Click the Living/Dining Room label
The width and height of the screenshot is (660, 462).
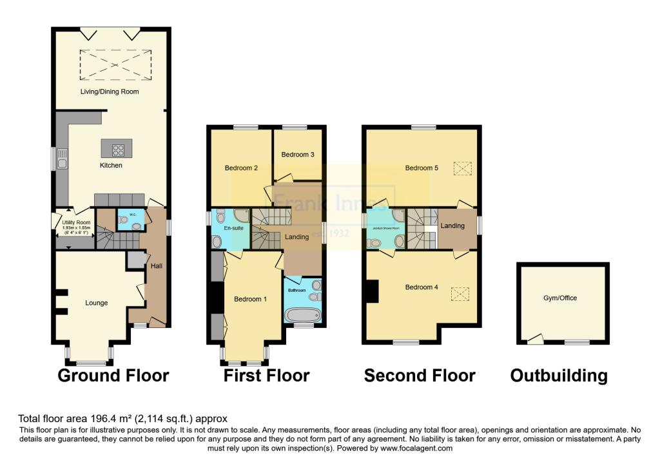point(109,91)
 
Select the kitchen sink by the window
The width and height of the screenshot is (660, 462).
point(62,158)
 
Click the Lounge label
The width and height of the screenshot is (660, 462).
point(96,302)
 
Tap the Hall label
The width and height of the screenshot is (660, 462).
point(156,265)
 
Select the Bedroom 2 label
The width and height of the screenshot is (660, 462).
point(241,168)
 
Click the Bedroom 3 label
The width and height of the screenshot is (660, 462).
point(298,155)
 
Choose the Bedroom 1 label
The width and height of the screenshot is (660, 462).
point(250,299)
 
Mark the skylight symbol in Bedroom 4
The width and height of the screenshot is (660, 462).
point(460,294)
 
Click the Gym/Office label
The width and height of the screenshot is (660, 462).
point(560,298)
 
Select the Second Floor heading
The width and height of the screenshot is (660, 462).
point(420,376)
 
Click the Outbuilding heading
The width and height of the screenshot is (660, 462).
point(559,376)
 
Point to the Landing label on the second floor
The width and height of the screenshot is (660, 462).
point(453,226)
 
